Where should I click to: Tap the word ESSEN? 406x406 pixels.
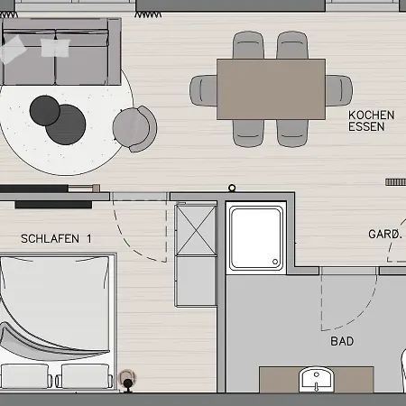(366, 127)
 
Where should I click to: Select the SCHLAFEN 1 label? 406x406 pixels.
(57, 238)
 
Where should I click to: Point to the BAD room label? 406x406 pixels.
(342, 341)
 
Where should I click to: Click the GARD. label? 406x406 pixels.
(384, 234)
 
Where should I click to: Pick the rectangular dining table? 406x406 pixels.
(271, 89)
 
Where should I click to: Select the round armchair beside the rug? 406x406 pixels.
(134, 127)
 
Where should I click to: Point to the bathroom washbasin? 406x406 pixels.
(315, 379)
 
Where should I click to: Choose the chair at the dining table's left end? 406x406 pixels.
(204, 90)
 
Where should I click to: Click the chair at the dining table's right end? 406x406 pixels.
(338, 90)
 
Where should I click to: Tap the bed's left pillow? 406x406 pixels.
(25, 375)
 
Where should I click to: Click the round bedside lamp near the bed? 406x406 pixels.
(128, 378)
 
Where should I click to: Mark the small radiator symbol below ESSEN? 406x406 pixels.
(395, 181)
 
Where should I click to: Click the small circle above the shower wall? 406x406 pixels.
(232, 189)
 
